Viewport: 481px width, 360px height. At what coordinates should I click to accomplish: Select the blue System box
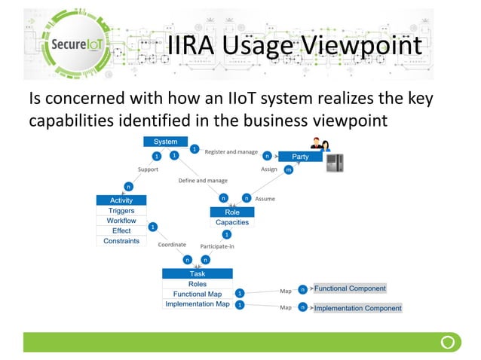coord(166,142)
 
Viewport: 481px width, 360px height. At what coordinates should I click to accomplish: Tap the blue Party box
coord(300,157)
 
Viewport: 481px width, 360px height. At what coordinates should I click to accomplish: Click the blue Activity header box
coord(121,200)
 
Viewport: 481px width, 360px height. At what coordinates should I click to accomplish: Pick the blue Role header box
coord(232,212)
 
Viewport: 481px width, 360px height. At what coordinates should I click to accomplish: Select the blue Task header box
coord(197,274)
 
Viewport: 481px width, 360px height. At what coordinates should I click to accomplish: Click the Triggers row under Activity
coord(121,211)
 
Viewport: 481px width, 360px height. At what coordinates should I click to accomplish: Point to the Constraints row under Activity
coord(121,241)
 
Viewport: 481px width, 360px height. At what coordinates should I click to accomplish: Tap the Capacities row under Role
coord(232,222)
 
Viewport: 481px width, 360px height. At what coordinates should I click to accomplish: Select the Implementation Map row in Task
coord(197,304)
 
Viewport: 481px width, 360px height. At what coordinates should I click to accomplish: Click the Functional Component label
coord(350,288)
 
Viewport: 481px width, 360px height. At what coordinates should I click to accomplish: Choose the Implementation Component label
coord(357,308)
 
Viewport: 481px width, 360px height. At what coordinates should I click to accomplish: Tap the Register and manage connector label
coord(231,151)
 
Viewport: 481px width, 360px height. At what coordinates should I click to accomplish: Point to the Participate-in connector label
coord(217,246)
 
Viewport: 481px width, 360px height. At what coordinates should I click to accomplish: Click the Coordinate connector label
coord(172,245)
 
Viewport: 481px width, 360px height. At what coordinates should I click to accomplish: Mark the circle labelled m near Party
coord(289,170)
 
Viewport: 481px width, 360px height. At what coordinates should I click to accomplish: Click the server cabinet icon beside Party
coord(335,164)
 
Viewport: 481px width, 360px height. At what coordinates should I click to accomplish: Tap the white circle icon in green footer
coord(447,342)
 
